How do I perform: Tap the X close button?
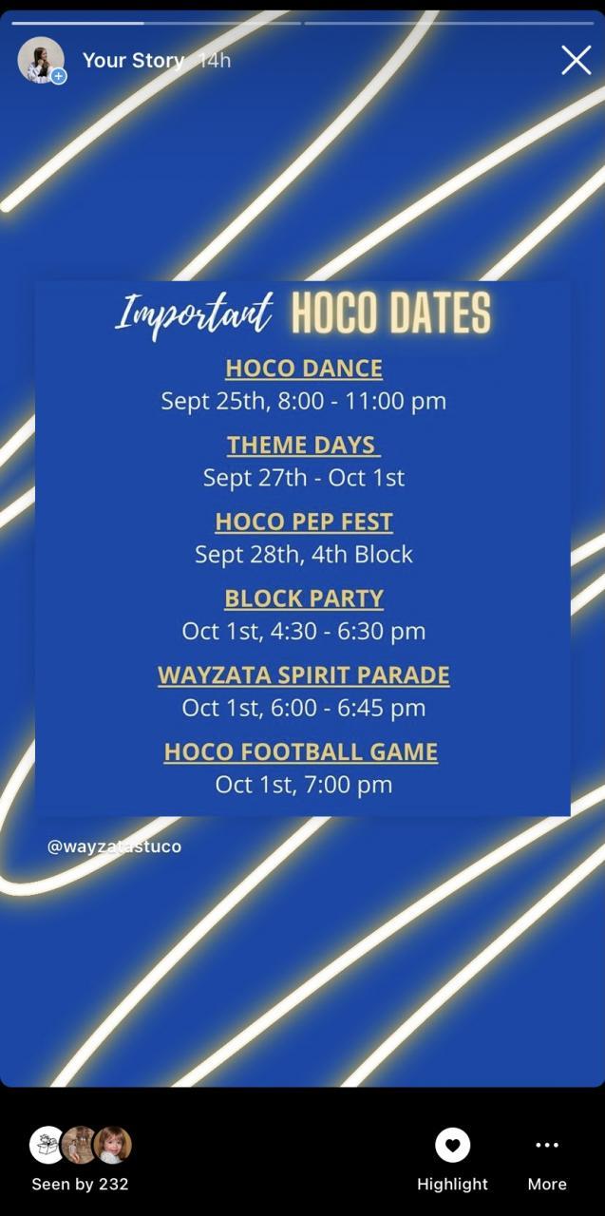576,60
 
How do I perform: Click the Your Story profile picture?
41,60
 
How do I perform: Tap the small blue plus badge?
59,77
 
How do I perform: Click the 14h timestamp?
215,60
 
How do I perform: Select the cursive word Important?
194,316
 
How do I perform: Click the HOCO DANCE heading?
304,368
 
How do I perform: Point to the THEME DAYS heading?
303,446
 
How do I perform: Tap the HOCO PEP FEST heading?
304,522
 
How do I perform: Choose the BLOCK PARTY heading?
304,598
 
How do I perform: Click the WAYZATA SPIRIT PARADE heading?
304,674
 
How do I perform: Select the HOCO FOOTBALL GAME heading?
301,751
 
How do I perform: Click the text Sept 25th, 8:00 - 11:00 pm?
304,402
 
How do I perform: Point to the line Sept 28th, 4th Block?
304,555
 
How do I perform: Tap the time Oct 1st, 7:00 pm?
304,785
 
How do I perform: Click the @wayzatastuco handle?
114,846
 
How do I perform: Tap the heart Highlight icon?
452,1145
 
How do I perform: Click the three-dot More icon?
547,1145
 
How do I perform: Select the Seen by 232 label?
81,1184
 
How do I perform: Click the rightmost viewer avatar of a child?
113,1145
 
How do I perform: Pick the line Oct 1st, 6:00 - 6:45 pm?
304,708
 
